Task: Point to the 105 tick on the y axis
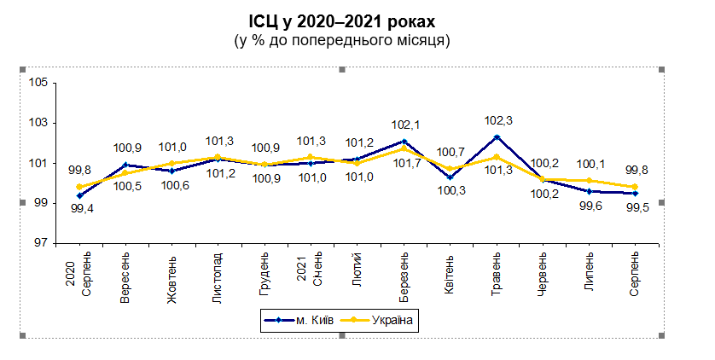[38, 83]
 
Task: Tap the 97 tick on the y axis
[41, 243]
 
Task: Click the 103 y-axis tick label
[38, 123]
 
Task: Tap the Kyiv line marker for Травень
[497, 136]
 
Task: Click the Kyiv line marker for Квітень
[451, 177]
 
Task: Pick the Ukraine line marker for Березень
[404, 148]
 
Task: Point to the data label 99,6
[588, 206]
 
